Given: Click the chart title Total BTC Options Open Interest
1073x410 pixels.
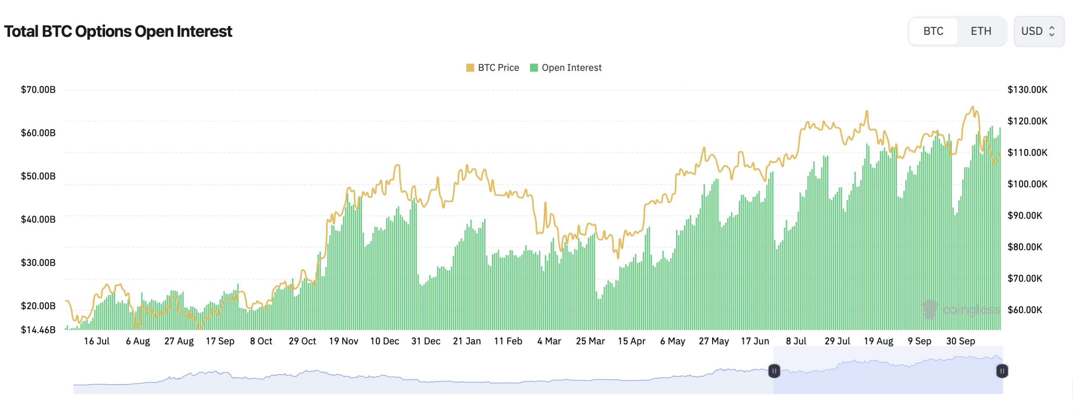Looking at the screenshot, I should (118, 31).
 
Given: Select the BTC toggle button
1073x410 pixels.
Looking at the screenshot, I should (933, 31).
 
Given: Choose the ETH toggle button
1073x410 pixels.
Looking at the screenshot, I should (981, 31).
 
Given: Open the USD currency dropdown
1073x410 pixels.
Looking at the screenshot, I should (1038, 31).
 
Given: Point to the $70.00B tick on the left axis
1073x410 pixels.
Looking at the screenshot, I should (38, 89).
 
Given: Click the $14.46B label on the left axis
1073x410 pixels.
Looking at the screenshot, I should (38, 330).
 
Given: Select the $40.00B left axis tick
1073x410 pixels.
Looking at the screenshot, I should (38, 219).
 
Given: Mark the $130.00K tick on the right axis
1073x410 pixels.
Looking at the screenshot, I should (1027, 89).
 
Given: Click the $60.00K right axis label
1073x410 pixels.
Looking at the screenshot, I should (1025, 310).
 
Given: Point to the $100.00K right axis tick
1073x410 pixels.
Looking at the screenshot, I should (1027, 184).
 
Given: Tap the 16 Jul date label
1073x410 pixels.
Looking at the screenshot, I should (96, 341).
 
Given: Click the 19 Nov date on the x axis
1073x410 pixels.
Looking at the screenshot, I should (343, 341).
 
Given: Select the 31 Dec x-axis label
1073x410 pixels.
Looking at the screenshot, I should (425, 341).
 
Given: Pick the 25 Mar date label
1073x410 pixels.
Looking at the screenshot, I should (590, 341).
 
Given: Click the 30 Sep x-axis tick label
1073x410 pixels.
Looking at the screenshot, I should (960, 341).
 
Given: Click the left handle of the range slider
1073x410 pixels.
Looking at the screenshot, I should (774, 371).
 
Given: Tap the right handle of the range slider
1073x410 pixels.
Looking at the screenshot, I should (1002, 371).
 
